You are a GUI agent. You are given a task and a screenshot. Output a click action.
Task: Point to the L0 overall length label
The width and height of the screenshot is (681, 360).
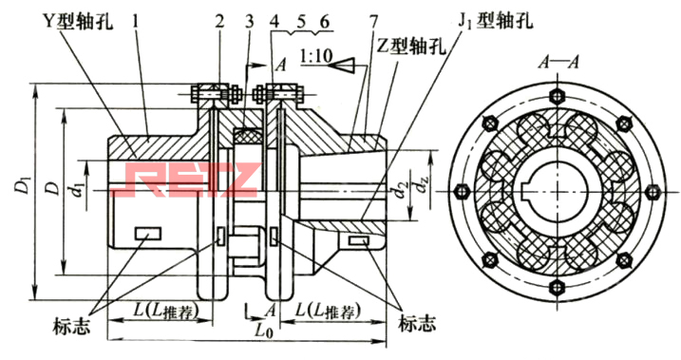point(266,332)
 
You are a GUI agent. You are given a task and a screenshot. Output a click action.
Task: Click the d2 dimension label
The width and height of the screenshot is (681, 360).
point(405,179)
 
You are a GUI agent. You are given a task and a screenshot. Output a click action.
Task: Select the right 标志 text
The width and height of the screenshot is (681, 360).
point(418,323)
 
